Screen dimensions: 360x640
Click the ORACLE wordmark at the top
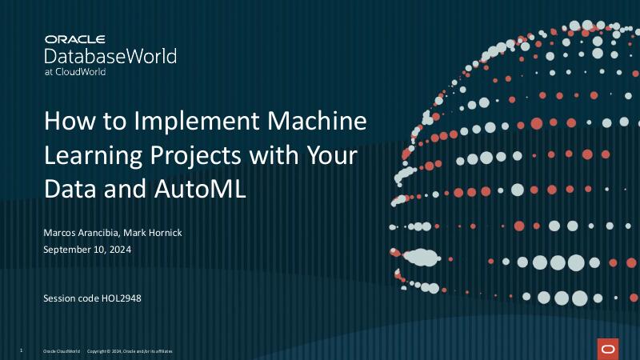point(76,38)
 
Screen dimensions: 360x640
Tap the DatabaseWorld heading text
point(110,55)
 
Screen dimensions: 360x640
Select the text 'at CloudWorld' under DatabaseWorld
point(74,71)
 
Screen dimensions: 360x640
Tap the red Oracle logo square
point(607,349)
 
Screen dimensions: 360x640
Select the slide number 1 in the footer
point(21,350)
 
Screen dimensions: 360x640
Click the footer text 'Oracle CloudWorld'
point(62,351)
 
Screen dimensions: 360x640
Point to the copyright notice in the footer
point(129,351)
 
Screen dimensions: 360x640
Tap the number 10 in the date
point(95,249)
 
